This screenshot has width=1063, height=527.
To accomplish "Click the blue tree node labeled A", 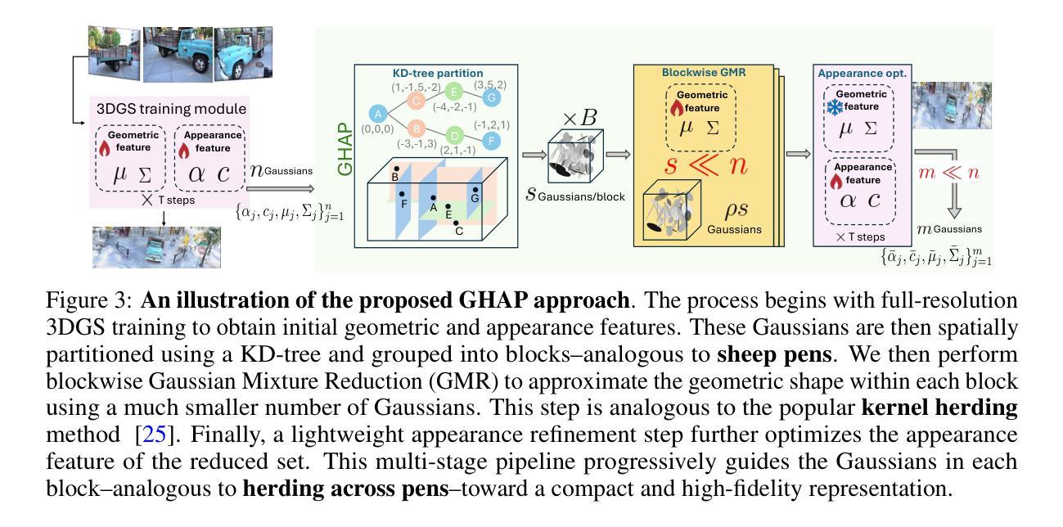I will click(x=377, y=114).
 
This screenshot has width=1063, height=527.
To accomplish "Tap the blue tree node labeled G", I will click(x=492, y=98).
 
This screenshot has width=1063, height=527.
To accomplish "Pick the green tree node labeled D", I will click(x=455, y=135).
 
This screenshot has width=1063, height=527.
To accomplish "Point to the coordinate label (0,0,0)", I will click(x=377, y=129).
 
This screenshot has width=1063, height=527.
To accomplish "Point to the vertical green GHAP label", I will click(x=345, y=149).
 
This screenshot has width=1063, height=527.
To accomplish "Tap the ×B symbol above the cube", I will click(x=579, y=117).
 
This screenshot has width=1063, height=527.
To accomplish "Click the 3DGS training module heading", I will click(x=171, y=109).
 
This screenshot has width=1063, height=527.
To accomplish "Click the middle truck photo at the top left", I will click(x=178, y=54).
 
